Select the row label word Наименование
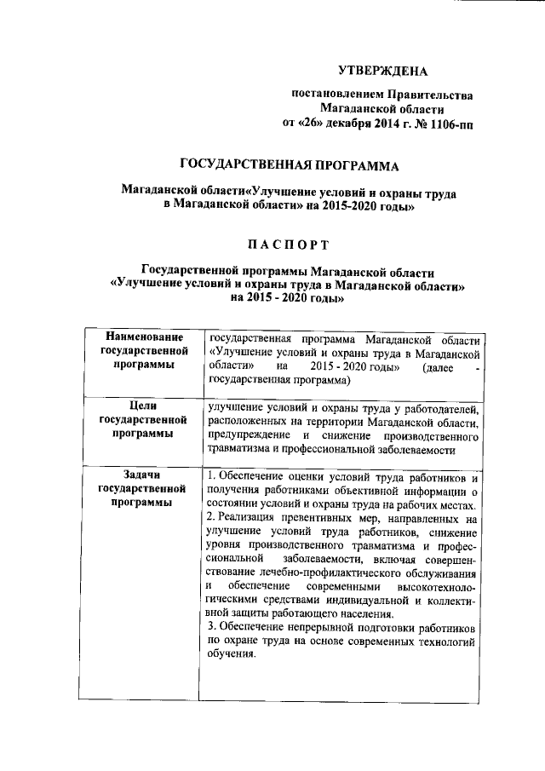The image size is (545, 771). pyautogui.click(x=143, y=340)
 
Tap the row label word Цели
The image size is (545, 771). pyautogui.click(x=143, y=407)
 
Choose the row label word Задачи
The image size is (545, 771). pyautogui.click(x=143, y=475)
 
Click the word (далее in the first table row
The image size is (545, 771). pyautogui.click(x=430, y=368)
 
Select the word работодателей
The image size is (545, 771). pyautogui.click(x=443, y=408)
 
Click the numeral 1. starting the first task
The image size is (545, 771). pyautogui.click(x=211, y=475)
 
